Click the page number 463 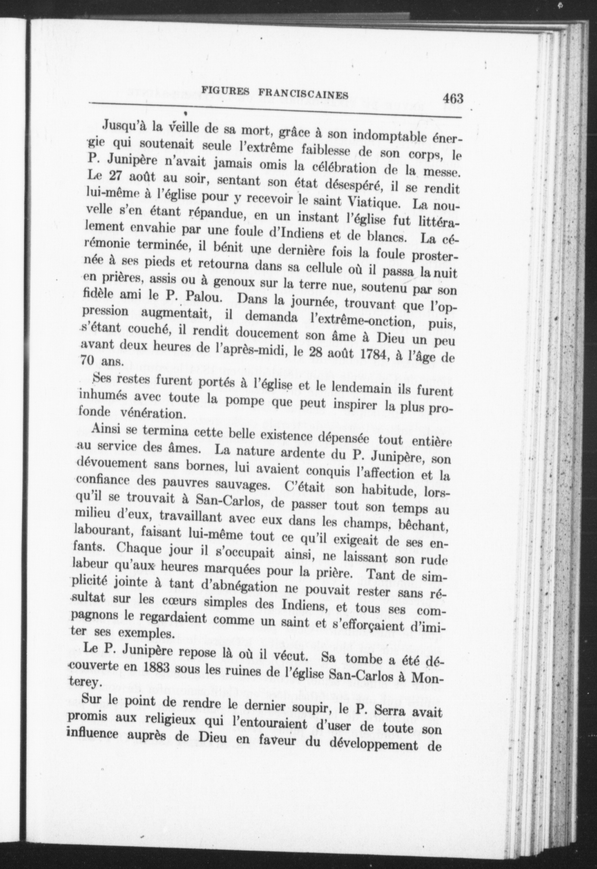pyautogui.click(x=452, y=99)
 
